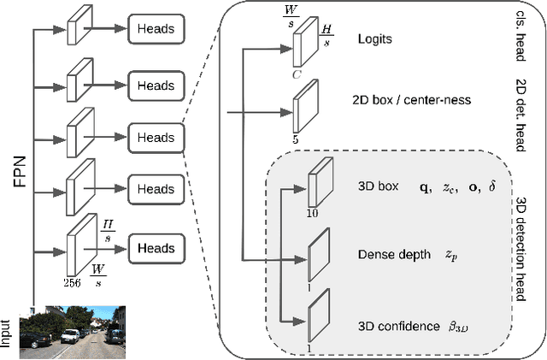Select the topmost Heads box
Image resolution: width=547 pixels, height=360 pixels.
point(156,29)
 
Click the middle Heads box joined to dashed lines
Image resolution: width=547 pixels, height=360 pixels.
point(156,136)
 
